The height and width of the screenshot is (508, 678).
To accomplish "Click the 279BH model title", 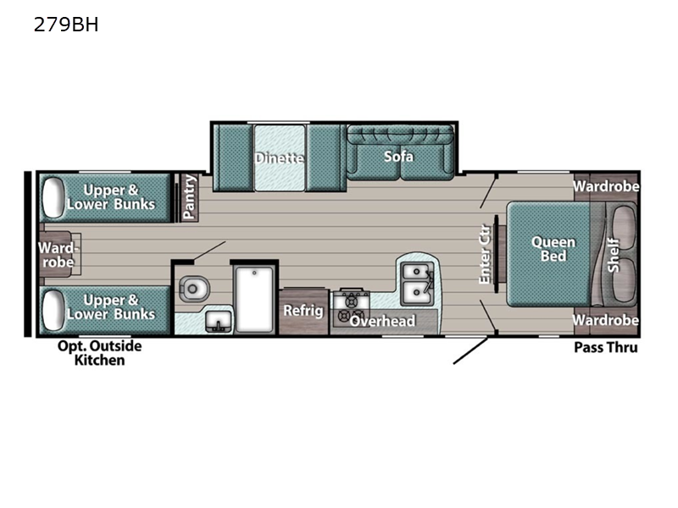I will [66, 25].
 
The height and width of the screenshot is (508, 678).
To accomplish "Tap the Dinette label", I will [280, 157].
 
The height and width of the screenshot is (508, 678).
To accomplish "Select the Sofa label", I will [398, 157].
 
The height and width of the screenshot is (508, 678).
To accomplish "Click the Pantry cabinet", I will [190, 197].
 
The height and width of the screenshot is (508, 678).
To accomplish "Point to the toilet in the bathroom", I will [192, 289].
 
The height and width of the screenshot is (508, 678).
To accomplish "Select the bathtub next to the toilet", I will [254, 300].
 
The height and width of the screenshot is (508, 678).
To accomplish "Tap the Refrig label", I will [303, 311].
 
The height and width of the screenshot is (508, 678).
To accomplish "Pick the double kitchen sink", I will [417, 282].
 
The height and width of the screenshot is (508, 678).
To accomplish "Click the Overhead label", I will [383, 321].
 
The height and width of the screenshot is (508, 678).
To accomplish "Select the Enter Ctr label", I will [486, 254].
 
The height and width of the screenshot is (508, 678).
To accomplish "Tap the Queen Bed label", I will [553, 248].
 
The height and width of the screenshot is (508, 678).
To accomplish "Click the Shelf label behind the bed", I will [614, 254].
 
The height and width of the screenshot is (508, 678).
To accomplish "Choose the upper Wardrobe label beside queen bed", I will [606, 186].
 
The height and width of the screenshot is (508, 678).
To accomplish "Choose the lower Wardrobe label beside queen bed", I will [605, 320].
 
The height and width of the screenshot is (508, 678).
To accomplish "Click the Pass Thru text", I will [605, 347].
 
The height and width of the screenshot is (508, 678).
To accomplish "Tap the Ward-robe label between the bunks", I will [58, 255].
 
